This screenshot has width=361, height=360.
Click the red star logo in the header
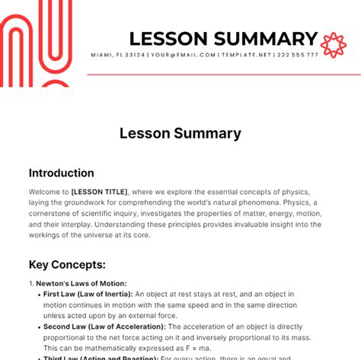pyautogui.click(x=334, y=45)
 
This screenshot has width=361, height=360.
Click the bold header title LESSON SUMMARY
pyautogui.click(x=223, y=39)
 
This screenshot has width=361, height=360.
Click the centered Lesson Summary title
pyautogui.click(x=180, y=133)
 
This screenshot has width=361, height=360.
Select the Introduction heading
pyautogui.click(x=61, y=173)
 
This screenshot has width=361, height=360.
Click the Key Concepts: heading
pyautogui.click(x=67, y=264)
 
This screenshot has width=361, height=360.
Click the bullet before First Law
pyautogui.click(x=38, y=293)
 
